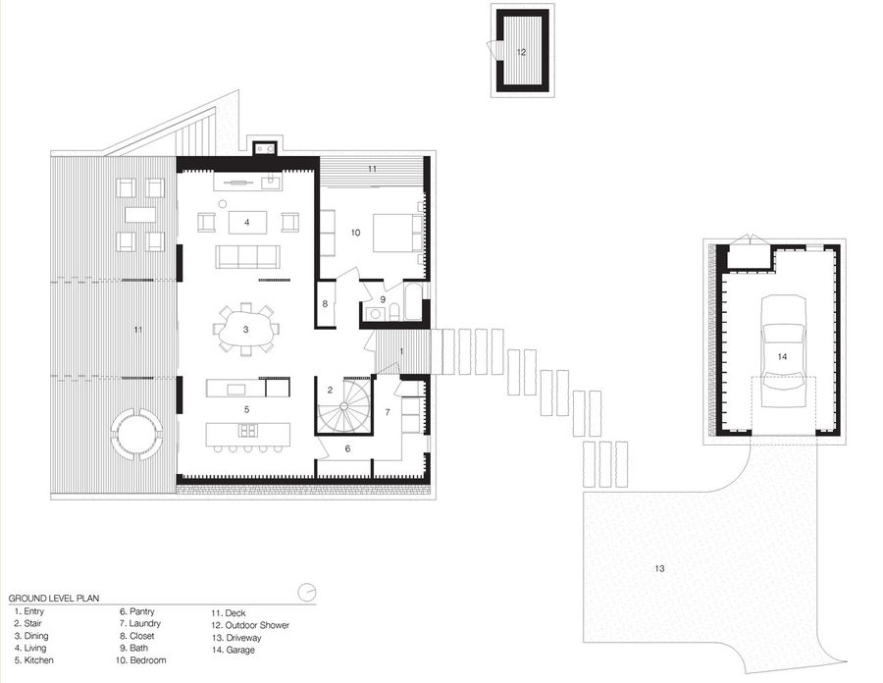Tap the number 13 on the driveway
[x=659, y=568]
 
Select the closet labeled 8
[x=325, y=303]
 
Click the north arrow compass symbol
[x=307, y=591]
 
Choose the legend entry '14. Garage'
[x=233, y=650]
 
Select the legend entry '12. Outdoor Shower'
[x=250, y=624]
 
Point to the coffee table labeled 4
[x=247, y=223]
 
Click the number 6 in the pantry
[x=346, y=448]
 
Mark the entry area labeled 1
[x=401, y=351]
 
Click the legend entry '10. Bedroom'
[x=141, y=661]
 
